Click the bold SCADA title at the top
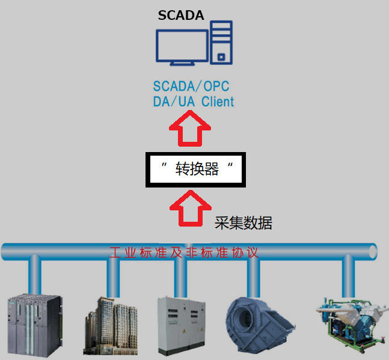pos(181,16)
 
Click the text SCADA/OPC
pos(192,86)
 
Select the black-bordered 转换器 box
pos(194,169)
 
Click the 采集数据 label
pos(243,224)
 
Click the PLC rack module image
pos(34,323)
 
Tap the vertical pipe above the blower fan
pos(253,276)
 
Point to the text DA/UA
pos(174,102)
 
